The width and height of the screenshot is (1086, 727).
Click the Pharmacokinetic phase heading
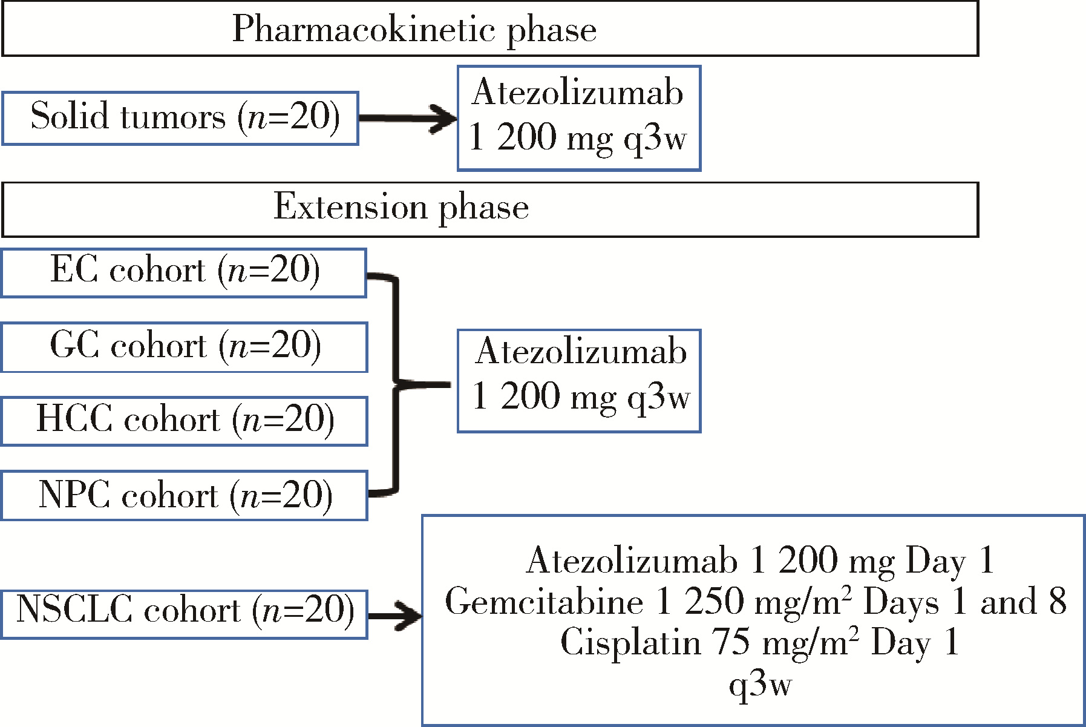pos(414,29)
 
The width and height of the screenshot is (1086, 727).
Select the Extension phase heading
pos(401,208)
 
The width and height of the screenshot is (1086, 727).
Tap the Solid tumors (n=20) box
pos(180,118)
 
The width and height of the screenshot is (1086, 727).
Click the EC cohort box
pos(184,272)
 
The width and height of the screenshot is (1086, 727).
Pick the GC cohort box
pos(185,347)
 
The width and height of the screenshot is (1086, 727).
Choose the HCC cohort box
pos(185,421)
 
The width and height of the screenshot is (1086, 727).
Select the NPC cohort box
pos(185,496)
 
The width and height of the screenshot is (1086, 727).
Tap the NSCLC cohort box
pos(185,614)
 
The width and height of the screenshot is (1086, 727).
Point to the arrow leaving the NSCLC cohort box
pos(395,616)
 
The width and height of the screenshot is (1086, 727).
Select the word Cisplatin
pos(630,642)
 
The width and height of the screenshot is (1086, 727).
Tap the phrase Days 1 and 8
pos(965,602)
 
